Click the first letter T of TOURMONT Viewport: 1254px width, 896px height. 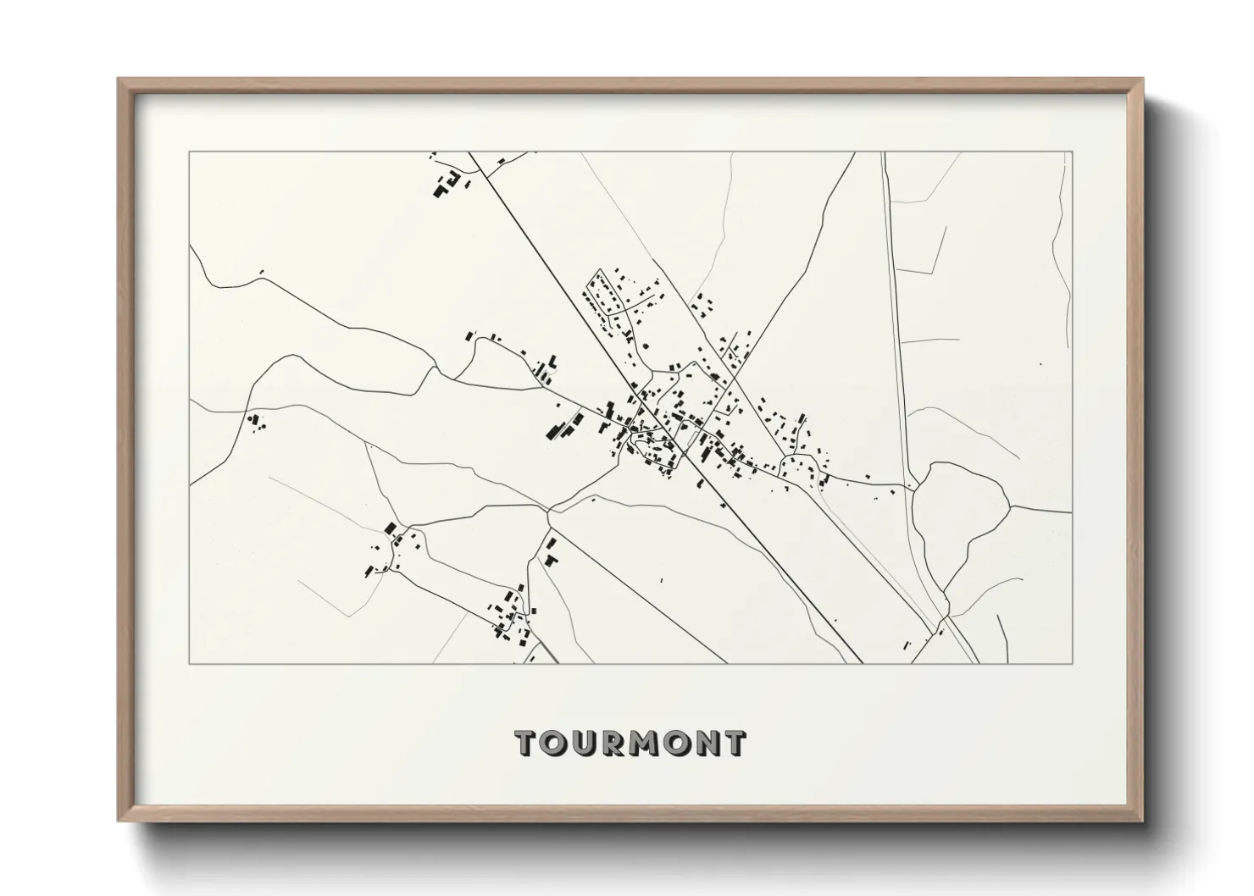pyautogui.click(x=527, y=743)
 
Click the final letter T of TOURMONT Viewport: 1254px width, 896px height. pyautogui.click(x=735, y=743)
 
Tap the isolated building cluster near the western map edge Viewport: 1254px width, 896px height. pyautogui.click(x=253, y=421)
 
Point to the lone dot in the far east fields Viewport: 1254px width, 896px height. pyautogui.click(x=1040, y=364)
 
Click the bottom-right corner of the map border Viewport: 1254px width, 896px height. pyautogui.click(x=1071, y=663)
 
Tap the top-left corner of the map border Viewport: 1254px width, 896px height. pyautogui.click(x=190, y=152)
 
